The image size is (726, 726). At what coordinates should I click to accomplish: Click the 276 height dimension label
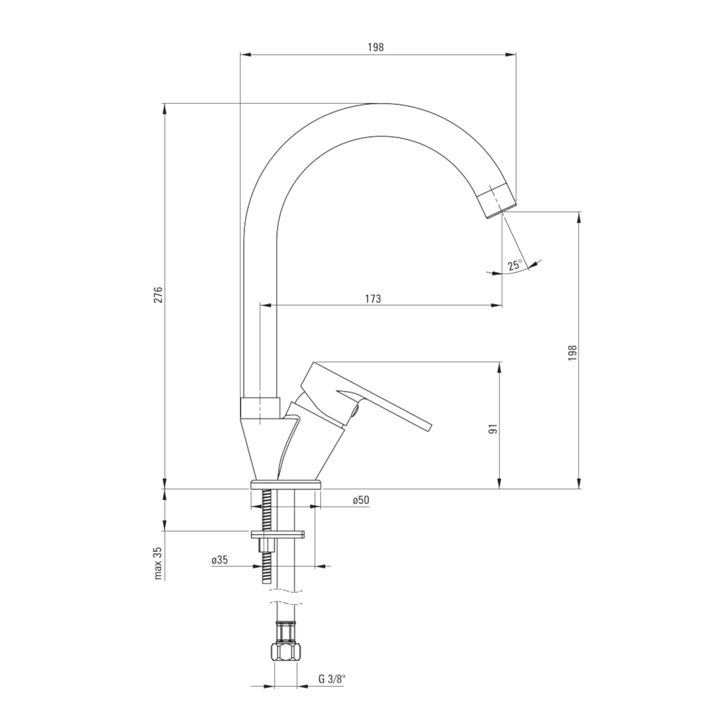(x=159, y=295)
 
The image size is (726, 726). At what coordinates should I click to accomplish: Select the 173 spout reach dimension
(x=373, y=299)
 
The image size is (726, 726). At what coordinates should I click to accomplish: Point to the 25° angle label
(x=515, y=265)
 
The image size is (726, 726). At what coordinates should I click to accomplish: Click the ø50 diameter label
(x=361, y=500)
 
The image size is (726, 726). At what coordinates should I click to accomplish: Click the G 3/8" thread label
(x=332, y=690)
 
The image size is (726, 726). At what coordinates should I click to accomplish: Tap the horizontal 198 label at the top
(x=376, y=47)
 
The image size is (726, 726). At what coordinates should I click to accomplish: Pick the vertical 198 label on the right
(x=572, y=353)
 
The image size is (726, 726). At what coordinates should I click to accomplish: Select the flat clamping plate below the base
(x=278, y=534)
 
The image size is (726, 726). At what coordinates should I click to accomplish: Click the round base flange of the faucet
(x=286, y=484)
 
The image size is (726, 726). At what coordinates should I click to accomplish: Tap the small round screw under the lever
(x=355, y=413)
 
